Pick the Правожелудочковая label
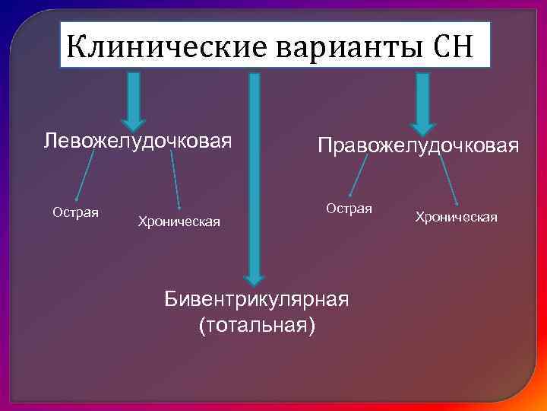[419, 145]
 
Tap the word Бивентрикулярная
[257, 299]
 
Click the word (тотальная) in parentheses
[256, 325]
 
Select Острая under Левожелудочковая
[75, 211]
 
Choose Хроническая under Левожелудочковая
[179, 221]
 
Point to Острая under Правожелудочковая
[349, 208]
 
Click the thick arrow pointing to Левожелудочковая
[134, 99]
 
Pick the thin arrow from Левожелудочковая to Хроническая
[175, 179]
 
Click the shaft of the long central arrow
[255, 175]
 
